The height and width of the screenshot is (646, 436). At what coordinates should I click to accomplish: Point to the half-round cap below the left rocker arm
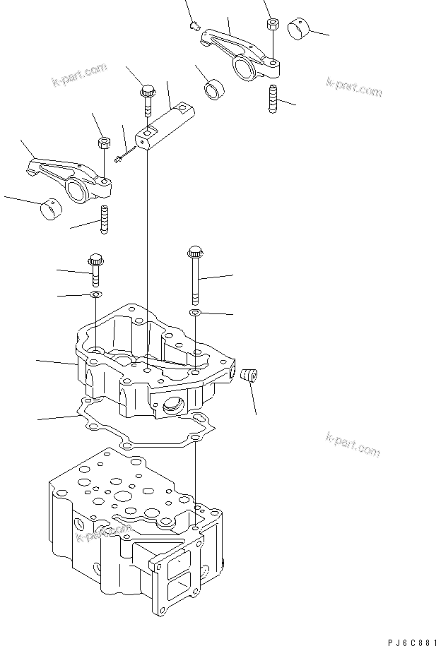[50, 209]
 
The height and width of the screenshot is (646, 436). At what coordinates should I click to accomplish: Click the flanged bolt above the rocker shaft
[148, 99]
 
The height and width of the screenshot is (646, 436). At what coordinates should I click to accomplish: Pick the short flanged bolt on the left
[95, 268]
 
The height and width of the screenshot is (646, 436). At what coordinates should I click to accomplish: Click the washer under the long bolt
[195, 311]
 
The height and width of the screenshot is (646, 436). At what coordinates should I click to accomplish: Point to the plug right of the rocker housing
[249, 376]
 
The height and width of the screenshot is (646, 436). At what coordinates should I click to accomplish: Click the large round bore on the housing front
[172, 405]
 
